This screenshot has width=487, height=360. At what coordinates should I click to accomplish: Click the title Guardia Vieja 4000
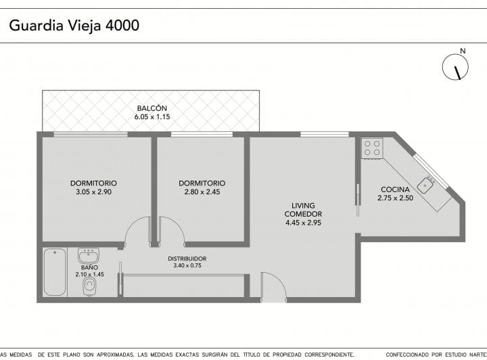74,26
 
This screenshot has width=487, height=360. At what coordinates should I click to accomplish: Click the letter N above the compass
463,51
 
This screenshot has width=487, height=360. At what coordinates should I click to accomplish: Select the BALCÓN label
152,108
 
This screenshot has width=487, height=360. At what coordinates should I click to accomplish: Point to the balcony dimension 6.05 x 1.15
152,117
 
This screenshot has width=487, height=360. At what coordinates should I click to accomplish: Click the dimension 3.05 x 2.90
93,192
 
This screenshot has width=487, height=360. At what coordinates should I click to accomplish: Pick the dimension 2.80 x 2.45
202,192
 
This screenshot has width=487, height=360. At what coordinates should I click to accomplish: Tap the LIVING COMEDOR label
303,210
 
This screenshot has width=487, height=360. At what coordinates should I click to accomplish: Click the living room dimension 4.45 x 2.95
303,223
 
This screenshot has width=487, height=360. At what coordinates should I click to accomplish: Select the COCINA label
395,189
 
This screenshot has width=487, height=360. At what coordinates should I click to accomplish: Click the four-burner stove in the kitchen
372,148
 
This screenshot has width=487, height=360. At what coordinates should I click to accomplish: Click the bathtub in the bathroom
55,272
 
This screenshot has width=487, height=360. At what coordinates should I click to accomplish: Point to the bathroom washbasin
89,255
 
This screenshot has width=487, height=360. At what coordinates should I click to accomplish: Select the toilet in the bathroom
89,286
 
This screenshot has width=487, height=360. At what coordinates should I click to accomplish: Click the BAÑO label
89,267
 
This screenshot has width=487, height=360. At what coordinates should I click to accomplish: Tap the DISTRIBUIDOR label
187,258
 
